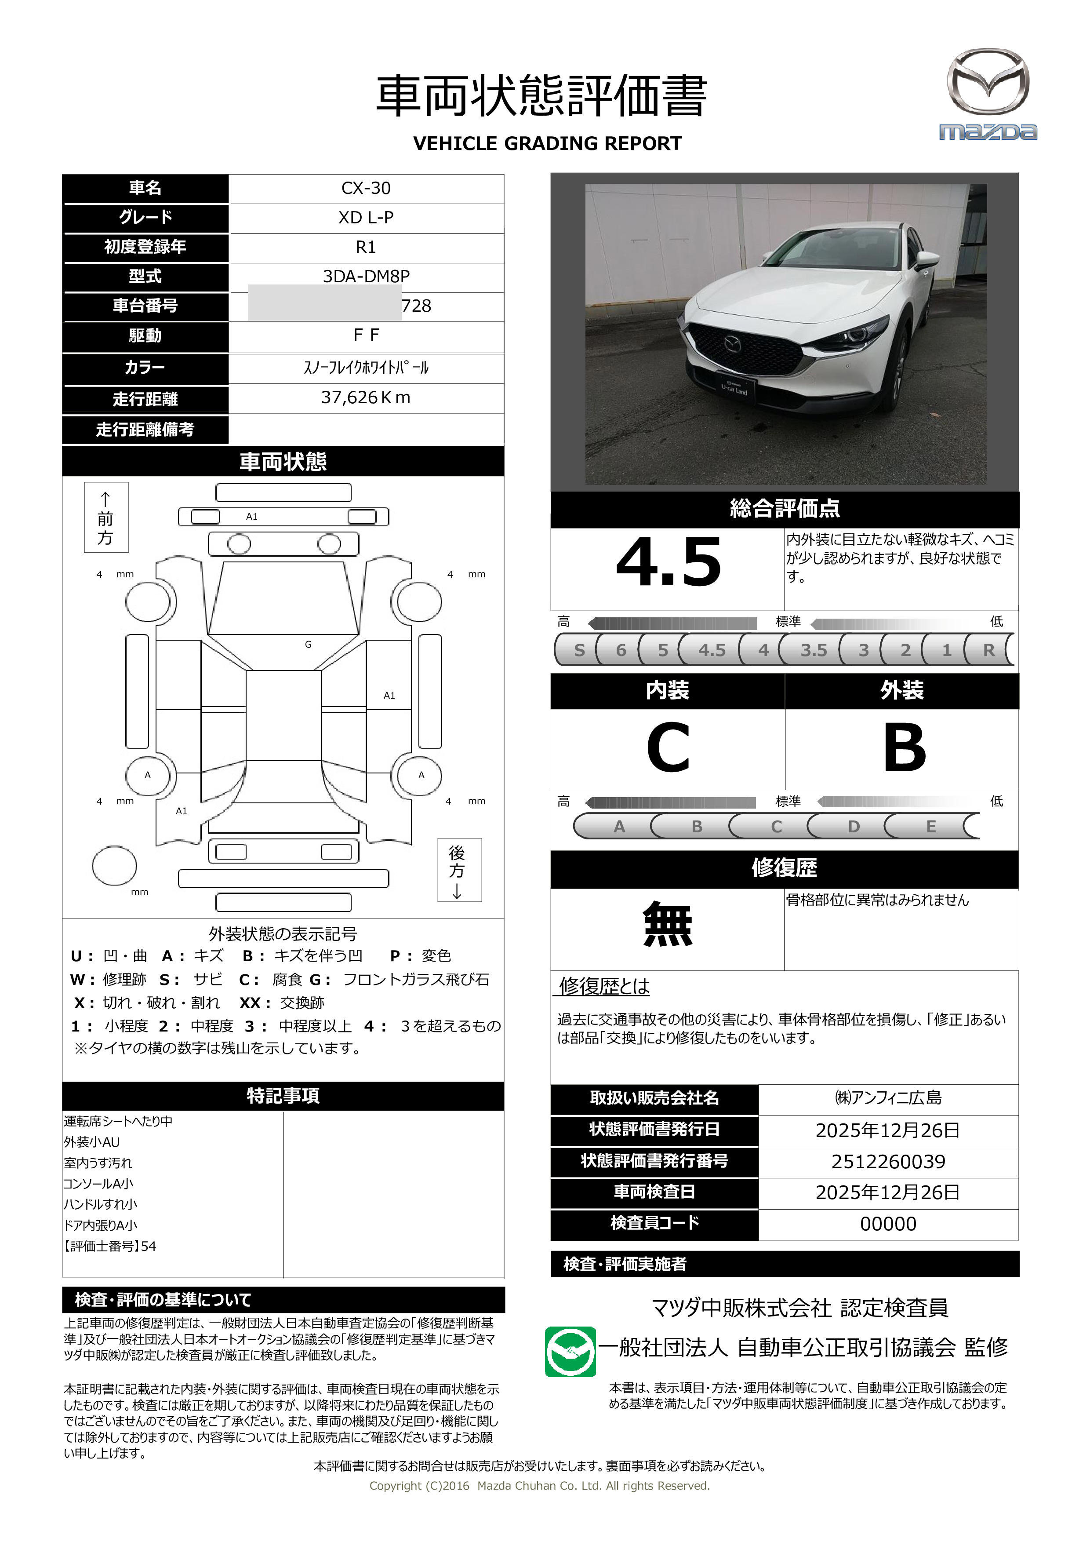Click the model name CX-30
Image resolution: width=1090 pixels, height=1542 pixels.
tap(366, 188)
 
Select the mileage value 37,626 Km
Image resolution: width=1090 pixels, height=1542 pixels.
tap(366, 397)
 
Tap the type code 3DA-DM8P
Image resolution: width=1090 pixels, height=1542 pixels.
tap(366, 276)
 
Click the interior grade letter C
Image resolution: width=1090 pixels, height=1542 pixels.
tap(668, 747)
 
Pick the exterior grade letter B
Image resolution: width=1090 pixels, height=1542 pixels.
tap(904, 747)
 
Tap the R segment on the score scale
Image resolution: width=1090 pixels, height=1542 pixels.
tap(988, 650)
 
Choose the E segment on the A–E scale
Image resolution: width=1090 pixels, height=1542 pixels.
tap(931, 826)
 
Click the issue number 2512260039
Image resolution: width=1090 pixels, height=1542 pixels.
tap(888, 1161)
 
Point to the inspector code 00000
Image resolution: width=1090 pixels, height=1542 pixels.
tap(888, 1224)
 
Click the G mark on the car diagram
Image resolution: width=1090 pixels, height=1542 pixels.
tap(308, 644)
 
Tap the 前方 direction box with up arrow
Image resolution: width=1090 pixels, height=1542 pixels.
tap(106, 517)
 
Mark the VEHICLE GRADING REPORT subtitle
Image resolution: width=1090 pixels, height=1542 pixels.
tap(547, 144)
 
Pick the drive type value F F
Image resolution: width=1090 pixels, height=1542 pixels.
tap(366, 335)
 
